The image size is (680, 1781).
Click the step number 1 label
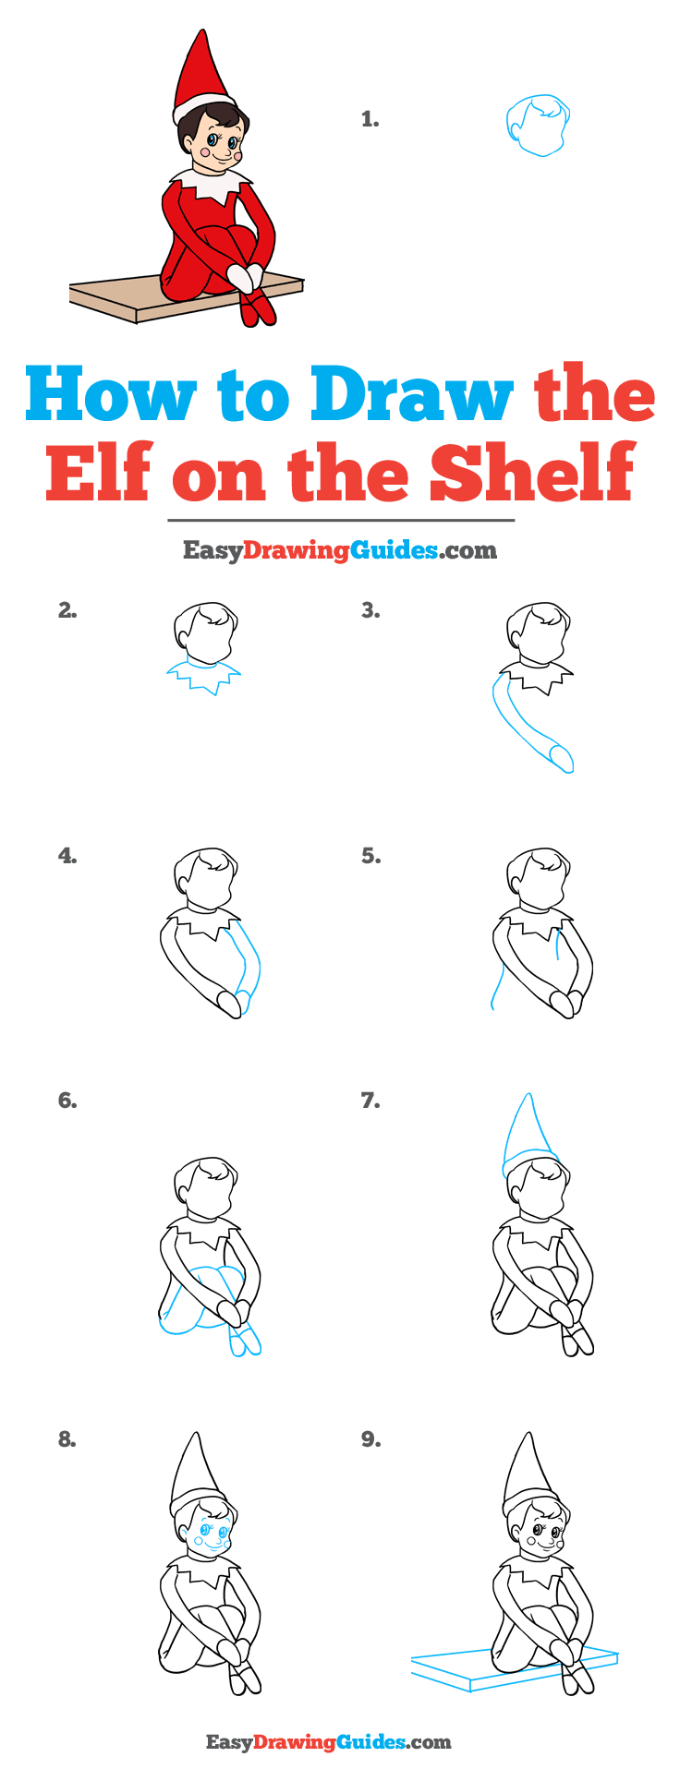point(370,119)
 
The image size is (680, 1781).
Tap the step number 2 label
point(67,610)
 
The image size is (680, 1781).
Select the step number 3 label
point(370,610)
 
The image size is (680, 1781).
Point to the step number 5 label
point(370,857)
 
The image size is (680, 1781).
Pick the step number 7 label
point(370,1101)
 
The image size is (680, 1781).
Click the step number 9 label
point(370,1439)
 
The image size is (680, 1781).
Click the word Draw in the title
point(411,394)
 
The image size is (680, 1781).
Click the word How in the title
point(110,394)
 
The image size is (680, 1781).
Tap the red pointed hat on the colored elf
point(195,74)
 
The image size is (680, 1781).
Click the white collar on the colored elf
point(213,185)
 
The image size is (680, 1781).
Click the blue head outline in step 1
point(538,125)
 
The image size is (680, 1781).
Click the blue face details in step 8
point(211,1535)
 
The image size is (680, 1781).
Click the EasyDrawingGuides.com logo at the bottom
point(328,1742)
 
